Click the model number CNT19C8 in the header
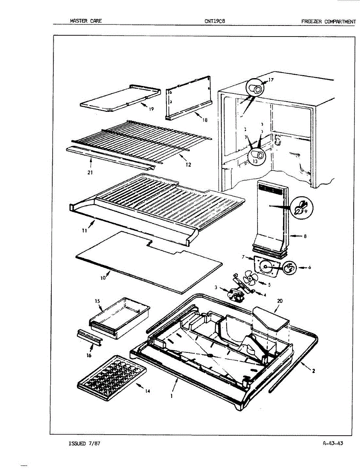pos(214,21)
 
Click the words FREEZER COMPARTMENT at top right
pos(328,21)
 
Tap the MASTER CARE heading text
pos(86,21)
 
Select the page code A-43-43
pos(333,444)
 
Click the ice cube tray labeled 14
pos(112,376)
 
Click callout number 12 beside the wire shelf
pos(188,164)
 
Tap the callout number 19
pos(151,110)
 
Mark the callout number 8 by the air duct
pos(305,236)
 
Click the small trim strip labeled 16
pos(89,335)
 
